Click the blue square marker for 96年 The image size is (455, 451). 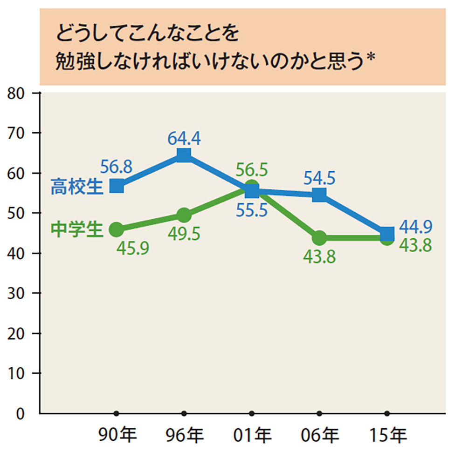[x=184, y=155]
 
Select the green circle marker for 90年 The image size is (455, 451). [x=117, y=229]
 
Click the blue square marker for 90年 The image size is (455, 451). [x=117, y=186]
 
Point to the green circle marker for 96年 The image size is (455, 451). [x=184, y=215]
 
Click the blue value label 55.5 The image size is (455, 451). [x=251, y=211]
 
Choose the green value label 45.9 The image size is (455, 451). [x=132, y=249]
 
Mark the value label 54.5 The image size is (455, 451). [x=319, y=177]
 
